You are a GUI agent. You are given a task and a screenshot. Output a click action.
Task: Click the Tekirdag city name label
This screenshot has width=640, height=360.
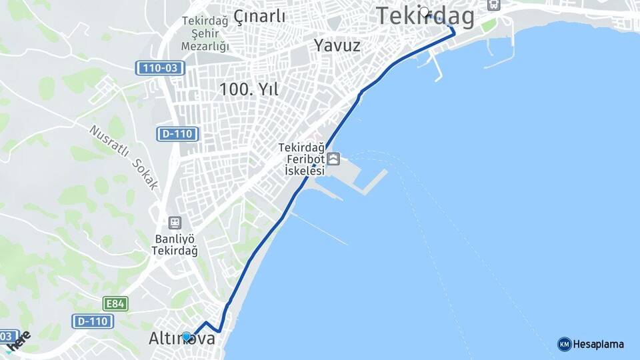coord(425,16)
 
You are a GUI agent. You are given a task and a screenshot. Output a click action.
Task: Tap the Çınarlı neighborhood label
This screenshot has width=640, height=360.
coord(259,16)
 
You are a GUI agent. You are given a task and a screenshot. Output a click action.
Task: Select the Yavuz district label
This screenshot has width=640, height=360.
coord(337,45)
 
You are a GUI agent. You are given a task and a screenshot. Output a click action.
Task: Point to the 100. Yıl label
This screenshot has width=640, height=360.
coord(249,88)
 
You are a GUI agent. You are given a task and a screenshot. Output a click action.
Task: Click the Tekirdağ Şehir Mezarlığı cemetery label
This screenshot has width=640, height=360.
coord(205,33)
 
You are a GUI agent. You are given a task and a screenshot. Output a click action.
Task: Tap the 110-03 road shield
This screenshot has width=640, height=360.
coord(160,67)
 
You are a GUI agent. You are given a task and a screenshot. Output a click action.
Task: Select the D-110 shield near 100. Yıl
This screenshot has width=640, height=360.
coord(178,133)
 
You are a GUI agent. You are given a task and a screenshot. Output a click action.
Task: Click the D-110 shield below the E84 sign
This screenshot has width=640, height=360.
coord(93,321)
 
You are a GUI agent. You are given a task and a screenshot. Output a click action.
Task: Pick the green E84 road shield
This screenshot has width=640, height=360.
coord(115,304)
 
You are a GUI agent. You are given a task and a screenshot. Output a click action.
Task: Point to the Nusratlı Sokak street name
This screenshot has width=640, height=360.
coord(124,157)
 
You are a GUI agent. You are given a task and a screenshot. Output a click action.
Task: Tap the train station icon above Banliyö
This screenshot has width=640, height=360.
coord(175,223)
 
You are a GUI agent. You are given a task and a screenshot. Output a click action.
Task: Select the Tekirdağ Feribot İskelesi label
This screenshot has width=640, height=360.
coord(302,159)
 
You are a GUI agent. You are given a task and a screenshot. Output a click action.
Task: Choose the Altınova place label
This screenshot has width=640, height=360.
coord(182,339)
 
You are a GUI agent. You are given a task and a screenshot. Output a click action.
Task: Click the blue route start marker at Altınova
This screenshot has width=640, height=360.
coord(187,337)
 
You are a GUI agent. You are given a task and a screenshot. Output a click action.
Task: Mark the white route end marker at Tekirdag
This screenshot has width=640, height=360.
coord(425,11)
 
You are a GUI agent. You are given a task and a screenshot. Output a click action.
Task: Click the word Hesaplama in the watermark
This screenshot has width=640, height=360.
coord(599,344)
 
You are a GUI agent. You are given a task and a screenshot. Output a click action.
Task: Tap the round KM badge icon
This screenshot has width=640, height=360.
coord(564,344)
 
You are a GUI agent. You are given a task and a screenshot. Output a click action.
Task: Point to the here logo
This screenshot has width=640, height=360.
coord(20,340)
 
